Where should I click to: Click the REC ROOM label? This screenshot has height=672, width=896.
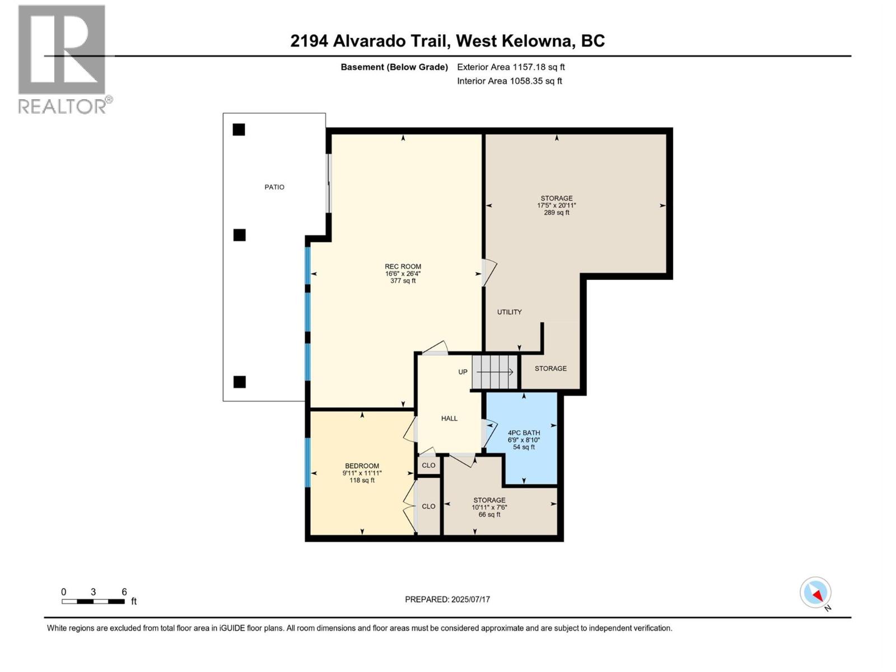coord(403,267)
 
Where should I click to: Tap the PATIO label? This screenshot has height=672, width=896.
coord(274,187)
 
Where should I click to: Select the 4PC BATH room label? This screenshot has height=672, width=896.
coord(524,433)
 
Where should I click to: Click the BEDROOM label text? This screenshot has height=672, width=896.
coord(362,466)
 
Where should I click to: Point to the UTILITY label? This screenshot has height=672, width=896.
coord(509,312)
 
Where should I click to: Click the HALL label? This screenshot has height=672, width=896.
coord(449,418)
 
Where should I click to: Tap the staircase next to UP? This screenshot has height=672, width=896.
coord(494,372)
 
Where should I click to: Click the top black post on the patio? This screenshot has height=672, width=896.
coord(239,130)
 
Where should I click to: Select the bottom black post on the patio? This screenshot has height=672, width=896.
coord(239,382)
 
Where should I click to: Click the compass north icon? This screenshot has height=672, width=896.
coord(815,592)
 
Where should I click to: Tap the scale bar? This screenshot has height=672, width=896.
coord(93,601)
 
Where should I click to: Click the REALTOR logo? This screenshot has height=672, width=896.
coord(62,59)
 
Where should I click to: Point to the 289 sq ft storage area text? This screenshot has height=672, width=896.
coord(556,213)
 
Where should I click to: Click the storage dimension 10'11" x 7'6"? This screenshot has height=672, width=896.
coord(489,507)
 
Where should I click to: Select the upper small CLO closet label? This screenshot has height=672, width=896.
coord(428,465)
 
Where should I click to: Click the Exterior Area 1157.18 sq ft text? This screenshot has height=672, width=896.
coord(511,67)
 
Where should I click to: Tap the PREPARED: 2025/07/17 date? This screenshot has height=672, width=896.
coord(447,599)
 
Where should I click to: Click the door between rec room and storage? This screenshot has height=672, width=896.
coord(488,273)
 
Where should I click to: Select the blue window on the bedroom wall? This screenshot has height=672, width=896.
coord(307,462)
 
